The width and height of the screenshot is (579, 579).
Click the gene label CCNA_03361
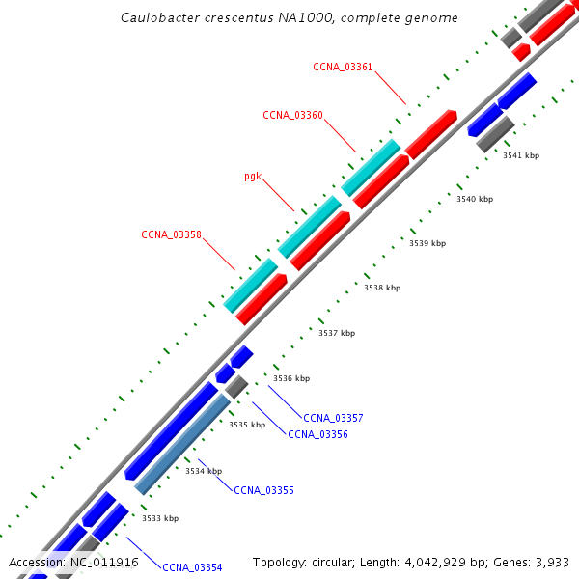point(343,67)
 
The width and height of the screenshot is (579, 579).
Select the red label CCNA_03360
point(292,115)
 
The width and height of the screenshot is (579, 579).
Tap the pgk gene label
point(253,177)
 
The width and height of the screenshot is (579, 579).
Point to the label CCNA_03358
point(171,234)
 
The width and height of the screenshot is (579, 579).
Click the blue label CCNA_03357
point(333,418)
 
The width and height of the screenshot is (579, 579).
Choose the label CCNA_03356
point(317,434)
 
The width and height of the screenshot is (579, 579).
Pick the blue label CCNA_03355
point(263,490)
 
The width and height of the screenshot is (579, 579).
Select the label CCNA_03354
point(192,567)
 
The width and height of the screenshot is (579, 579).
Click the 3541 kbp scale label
point(521,155)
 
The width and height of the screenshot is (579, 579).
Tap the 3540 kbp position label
point(475,199)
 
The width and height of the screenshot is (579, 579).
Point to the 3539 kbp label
point(427,243)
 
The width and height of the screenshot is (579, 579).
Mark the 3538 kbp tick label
point(382,288)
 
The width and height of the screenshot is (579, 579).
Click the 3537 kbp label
point(337,333)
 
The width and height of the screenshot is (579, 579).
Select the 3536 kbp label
point(291,378)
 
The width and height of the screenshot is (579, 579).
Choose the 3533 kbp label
point(160,518)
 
